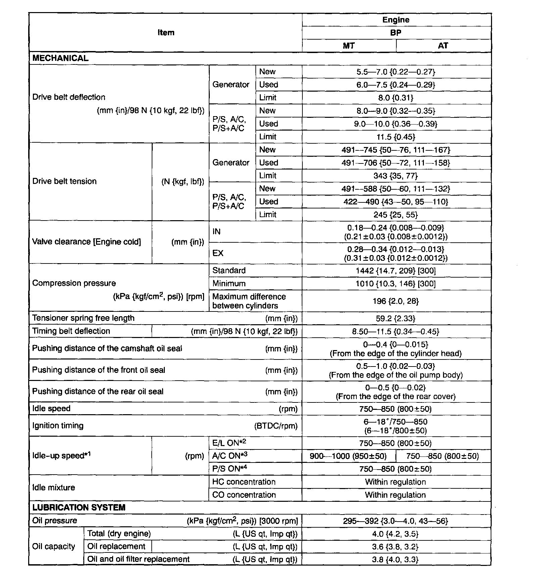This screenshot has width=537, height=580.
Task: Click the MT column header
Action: pyautogui.click(x=349, y=46)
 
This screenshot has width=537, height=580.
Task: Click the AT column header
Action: pyautogui.click(x=443, y=46)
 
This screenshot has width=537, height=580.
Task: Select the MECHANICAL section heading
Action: pyautogui.click(x=60, y=58)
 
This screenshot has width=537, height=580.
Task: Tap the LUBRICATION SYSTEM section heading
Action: pyautogui.click(x=79, y=507)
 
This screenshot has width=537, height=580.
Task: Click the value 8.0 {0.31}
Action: pyautogui.click(x=396, y=98)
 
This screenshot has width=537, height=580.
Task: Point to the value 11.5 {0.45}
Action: pyautogui.click(x=396, y=137)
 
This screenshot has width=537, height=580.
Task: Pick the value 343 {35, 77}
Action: pyautogui.click(x=396, y=176)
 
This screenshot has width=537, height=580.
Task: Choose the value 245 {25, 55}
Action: pyautogui.click(x=396, y=215)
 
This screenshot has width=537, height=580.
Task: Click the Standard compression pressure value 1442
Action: pyautogui.click(x=396, y=271)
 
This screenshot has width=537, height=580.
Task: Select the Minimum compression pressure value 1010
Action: pyautogui.click(x=396, y=284)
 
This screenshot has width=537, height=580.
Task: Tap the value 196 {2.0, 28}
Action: pyautogui.click(x=396, y=301)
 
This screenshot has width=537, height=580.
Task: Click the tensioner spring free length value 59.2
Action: pyautogui.click(x=396, y=319)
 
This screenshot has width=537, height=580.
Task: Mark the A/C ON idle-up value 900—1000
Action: pyautogui.click(x=348, y=456)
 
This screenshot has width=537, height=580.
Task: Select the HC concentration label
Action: pyautogui.click(x=244, y=482)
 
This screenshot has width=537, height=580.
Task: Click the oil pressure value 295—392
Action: pyautogui.click(x=396, y=521)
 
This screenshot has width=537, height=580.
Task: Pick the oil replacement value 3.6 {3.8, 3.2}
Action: pyautogui.click(x=396, y=547)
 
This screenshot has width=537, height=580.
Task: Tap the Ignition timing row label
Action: pyautogui.click(x=58, y=426)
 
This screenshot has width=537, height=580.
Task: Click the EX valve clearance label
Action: pyautogui.click(x=218, y=253)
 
